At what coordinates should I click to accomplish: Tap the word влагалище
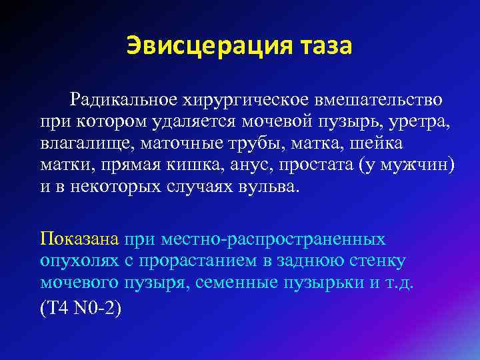[85, 143]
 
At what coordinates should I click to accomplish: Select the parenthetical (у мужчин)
[409, 165]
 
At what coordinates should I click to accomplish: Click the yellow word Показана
[79, 239]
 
